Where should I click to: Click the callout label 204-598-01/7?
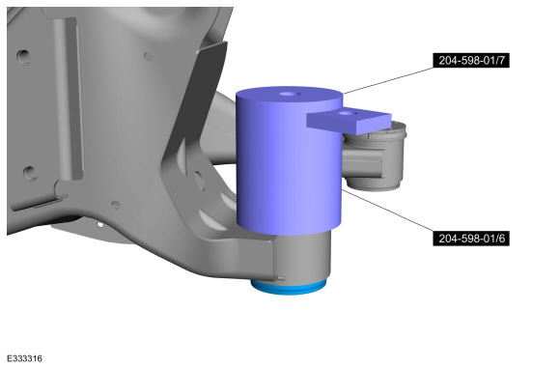pos(471,61)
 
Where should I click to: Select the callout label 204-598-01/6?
pos(471,239)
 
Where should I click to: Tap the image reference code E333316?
pos(25,358)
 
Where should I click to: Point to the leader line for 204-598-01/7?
pos(388,81)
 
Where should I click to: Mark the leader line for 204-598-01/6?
pos(387,211)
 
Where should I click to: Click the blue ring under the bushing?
pos(289,288)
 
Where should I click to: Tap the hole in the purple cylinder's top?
pos(290,95)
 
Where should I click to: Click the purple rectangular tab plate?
pos(350,122)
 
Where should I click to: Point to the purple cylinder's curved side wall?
pos(289,168)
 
